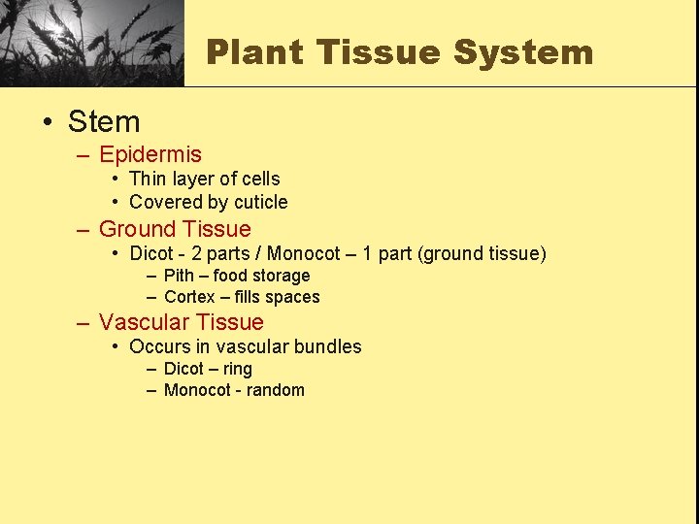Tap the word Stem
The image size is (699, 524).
point(104,121)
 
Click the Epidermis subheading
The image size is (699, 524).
point(150,154)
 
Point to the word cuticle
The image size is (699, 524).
point(261,202)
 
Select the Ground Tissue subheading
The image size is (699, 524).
point(175,229)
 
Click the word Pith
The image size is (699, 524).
point(179,276)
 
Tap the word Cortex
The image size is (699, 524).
point(189,297)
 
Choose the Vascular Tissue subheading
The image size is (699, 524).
point(182,322)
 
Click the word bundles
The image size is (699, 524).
point(330,346)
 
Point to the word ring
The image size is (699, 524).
point(237,369)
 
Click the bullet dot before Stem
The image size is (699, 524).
point(48,122)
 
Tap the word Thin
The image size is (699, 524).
point(148,179)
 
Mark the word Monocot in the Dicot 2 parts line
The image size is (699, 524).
point(304,253)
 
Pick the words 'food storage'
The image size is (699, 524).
point(261,276)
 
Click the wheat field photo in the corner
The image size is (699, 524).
point(91,43)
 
